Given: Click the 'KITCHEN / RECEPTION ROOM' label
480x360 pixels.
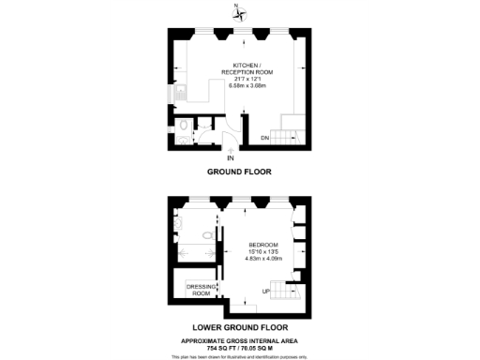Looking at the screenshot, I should click(239, 67).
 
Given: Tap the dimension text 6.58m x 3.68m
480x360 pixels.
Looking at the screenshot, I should click(239, 85).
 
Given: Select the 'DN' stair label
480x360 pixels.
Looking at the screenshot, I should click(265, 138).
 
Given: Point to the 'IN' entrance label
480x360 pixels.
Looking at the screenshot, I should click(232, 157).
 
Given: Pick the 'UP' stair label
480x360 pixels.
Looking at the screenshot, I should click(266, 292).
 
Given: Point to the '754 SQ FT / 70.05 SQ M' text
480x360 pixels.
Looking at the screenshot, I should click(239, 346).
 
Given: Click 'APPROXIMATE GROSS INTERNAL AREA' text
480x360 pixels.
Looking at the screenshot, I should click(239, 338).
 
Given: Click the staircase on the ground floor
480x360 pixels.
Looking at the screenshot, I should click(292, 127).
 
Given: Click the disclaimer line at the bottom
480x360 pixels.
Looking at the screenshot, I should click(239, 355).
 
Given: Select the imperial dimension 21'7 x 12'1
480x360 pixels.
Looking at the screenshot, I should click(239, 79).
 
